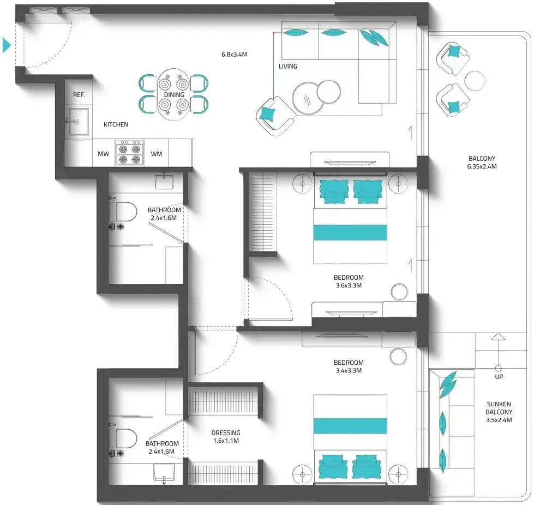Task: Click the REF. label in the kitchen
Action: pyautogui.click(x=79, y=95)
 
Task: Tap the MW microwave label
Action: pyautogui.click(x=104, y=154)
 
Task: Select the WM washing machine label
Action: pyautogui.click(x=157, y=154)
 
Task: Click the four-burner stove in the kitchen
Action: pyautogui.click(x=129, y=153)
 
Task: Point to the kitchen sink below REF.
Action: pyautogui.click(x=79, y=121)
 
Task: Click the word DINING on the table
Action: pyautogui.click(x=174, y=95)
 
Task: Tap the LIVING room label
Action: pyautogui.click(x=288, y=67)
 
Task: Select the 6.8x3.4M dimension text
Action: pyautogui.click(x=235, y=54)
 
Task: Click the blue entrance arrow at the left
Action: pyautogui.click(x=7, y=45)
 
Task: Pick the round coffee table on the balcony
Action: pyautogui.click(x=475, y=81)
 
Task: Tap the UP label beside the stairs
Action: pyautogui.click(x=499, y=377)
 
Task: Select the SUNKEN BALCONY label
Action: pyautogui.click(x=499, y=408)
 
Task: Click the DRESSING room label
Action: pyautogui.click(x=226, y=433)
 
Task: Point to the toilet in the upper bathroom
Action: pyautogui.click(x=123, y=212)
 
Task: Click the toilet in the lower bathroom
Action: pyautogui.click(x=123, y=438)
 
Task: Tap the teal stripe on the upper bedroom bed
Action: pyautogui.click(x=350, y=232)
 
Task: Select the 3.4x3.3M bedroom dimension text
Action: pyautogui.click(x=349, y=370)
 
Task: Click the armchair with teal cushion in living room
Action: pyautogui.click(x=275, y=116)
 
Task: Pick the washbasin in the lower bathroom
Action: pyautogui.click(x=164, y=473)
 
